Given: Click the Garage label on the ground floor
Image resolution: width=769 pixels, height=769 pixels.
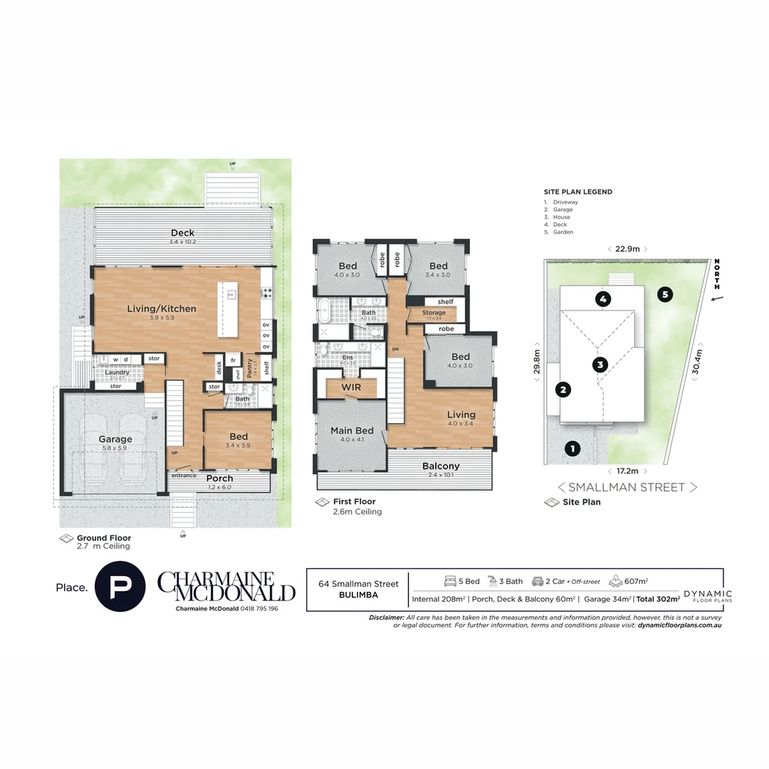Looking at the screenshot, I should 105,439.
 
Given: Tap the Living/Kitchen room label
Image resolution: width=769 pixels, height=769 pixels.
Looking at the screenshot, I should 161,309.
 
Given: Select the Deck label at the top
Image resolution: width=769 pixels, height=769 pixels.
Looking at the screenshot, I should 182,233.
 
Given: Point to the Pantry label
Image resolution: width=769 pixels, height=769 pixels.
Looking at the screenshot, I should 249,367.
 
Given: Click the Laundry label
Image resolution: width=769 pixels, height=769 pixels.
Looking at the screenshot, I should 117,372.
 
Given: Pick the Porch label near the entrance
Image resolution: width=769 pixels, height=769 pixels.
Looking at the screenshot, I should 219,478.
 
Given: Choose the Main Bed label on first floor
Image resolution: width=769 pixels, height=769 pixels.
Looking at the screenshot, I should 352,431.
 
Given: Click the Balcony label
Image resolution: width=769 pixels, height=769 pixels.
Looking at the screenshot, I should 441,466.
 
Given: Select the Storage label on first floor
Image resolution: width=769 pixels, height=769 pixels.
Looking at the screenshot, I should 434,313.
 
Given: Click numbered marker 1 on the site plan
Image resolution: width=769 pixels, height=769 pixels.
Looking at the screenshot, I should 570,449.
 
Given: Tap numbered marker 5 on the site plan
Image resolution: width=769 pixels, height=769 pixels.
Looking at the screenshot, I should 664,293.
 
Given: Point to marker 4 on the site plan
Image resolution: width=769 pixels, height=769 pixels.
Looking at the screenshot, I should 603,298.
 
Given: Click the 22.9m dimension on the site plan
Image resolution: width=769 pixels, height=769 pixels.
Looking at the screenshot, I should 627,249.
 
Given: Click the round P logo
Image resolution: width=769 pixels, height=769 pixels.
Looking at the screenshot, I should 122,587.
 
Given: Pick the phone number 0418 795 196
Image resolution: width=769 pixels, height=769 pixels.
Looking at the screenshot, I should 253,609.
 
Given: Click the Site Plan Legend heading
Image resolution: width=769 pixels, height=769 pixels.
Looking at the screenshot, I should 577,192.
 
